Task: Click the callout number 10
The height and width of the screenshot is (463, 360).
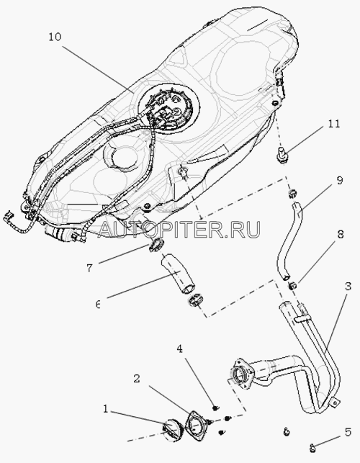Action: click(55, 37)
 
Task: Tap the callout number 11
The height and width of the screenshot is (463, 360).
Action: click(334, 124)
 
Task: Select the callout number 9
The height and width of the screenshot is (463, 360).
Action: click(340, 181)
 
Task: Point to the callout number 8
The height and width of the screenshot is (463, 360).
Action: click(341, 235)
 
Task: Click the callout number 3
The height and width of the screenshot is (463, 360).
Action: click(348, 287)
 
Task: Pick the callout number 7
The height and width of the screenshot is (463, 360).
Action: click(89, 268)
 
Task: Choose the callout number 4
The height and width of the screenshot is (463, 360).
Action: click(179, 349)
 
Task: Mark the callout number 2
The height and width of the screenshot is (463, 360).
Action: click(136, 379)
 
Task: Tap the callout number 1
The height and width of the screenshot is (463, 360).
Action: click(105, 409)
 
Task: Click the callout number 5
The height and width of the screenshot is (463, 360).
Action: click(348, 433)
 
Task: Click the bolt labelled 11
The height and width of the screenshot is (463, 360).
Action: click(282, 155)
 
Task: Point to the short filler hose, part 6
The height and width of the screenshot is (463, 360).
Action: click(178, 274)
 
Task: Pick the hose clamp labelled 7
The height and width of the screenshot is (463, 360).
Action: click(156, 246)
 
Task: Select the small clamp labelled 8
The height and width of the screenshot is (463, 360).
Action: click(293, 286)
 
